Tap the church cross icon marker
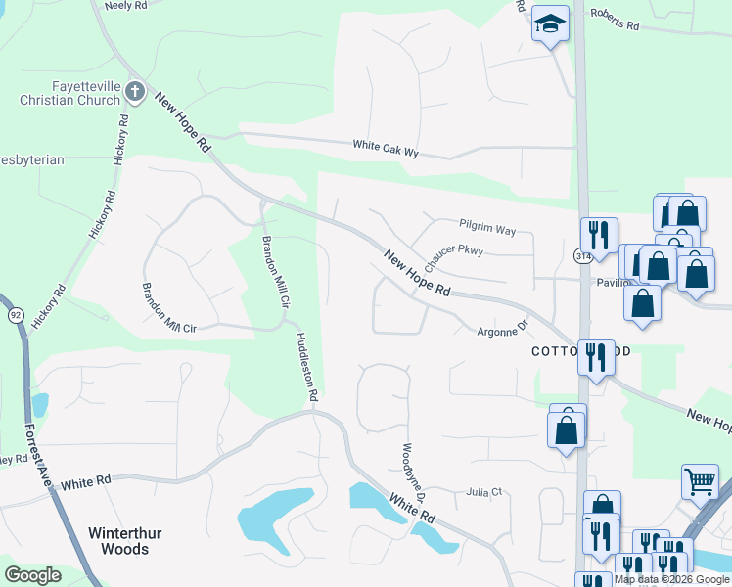pyautogui.click(x=135, y=93)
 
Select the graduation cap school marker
pyautogui.click(x=550, y=23)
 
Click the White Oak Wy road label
pyautogui.click(x=386, y=147)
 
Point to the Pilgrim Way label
pyautogui.click(x=486, y=229)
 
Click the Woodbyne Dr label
pyautogui.click(x=412, y=474)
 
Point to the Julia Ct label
pyautogui.click(x=483, y=492)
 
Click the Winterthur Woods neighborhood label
pyautogui.click(x=118, y=541)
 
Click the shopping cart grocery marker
pyautogui.click(x=700, y=480)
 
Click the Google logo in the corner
pyautogui.click(x=32, y=575)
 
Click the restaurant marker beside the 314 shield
pyautogui.click(x=598, y=235)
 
